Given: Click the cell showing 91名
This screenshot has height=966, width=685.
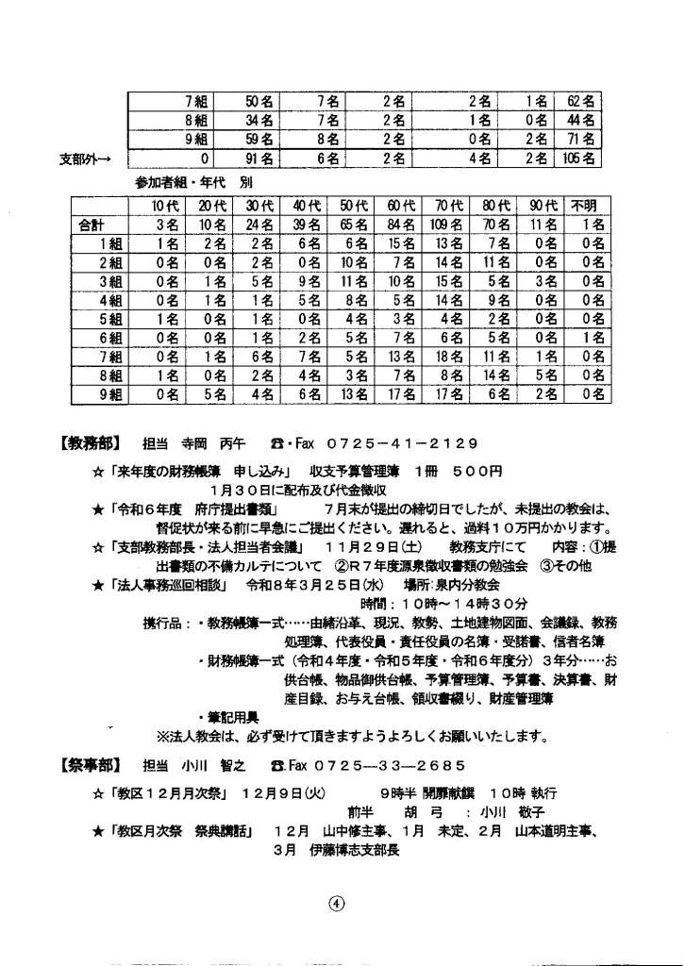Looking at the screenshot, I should [258, 159].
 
